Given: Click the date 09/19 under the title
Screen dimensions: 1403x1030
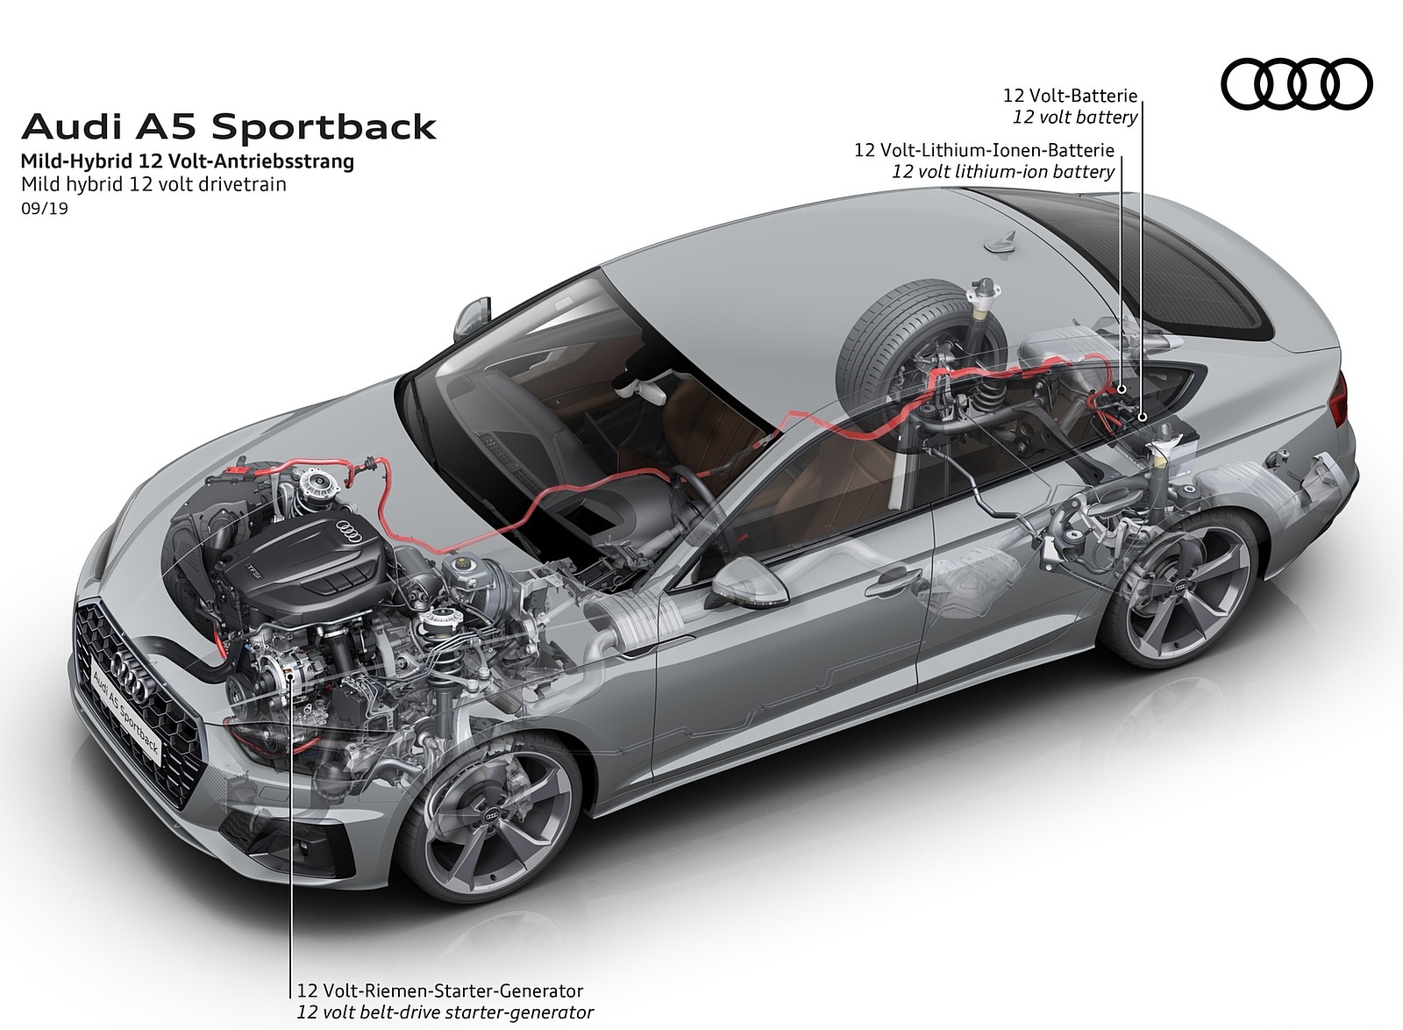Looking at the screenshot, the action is tap(45, 209).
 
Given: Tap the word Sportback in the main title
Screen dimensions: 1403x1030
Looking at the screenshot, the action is tap(324, 127).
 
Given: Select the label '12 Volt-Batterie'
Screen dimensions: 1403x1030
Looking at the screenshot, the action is tap(1071, 96).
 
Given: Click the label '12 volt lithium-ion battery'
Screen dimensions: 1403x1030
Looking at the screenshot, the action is tap(1003, 172).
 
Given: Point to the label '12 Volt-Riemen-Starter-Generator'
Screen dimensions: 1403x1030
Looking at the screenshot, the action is tap(439, 991).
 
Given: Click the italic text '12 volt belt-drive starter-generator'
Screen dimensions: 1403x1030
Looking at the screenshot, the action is tap(445, 1012).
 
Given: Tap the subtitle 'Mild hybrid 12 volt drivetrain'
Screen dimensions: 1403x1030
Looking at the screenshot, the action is tap(153, 184).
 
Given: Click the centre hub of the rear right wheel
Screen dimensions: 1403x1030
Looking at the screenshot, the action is tap(1181, 586).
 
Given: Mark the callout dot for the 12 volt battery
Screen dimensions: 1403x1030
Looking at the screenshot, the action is tap(1143, 416).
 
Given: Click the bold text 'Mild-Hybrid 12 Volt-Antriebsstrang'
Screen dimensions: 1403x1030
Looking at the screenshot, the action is tap(188, 161).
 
